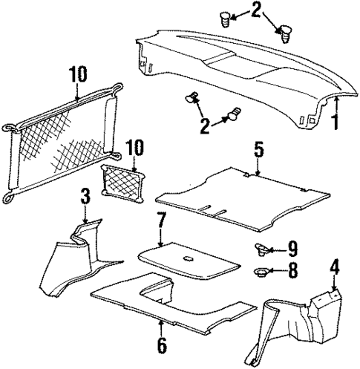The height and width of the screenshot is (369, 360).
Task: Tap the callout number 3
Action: (x=85, y=197)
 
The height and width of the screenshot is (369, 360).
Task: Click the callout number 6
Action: (x=161, y=345)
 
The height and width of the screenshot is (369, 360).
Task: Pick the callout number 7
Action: (x=161, y=221)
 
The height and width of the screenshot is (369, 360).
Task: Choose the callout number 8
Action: (x=293, y=272)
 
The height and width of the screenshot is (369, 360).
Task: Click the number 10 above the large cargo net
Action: (x=78, y=76)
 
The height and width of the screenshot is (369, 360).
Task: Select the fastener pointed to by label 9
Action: (x=262, y=249)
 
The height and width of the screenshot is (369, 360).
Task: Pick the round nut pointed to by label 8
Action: (x=262, y=272)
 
